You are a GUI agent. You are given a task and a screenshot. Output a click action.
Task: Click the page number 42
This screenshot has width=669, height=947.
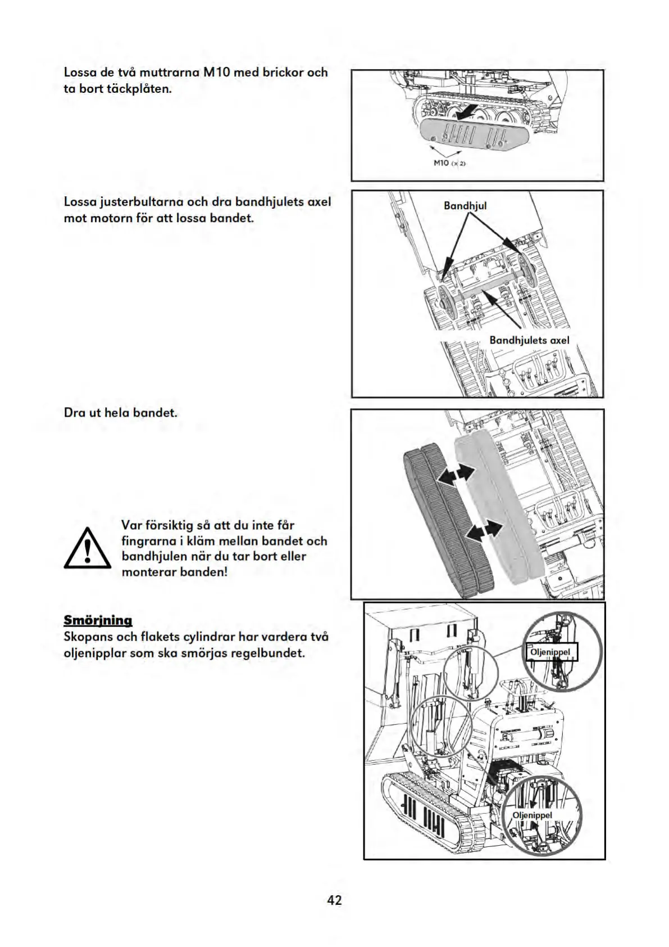(x=334, y=900)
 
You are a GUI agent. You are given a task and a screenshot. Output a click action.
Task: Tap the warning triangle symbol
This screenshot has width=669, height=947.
(x=87, y=548)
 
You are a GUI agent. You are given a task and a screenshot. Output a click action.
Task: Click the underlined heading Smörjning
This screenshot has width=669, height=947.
(x=98, y=620)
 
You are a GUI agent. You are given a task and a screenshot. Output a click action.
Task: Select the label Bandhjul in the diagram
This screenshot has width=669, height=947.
(x=465, y=206)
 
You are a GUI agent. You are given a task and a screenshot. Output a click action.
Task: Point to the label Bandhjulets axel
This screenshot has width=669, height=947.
(x=529, y=340)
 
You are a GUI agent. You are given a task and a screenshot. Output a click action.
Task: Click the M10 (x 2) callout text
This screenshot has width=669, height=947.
(x=450, y=163)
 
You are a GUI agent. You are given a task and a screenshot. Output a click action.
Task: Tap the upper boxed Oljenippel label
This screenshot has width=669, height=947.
(x=550, y=652)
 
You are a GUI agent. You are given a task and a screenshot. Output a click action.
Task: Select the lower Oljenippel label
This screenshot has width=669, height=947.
(x=532, y=815)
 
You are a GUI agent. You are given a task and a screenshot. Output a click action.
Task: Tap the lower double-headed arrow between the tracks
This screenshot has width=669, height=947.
(x=484, y=530)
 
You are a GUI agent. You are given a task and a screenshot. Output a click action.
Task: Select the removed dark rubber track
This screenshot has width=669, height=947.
(x=447, y=520)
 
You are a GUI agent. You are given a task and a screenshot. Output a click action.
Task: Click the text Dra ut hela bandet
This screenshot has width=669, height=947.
(x=121, y=412)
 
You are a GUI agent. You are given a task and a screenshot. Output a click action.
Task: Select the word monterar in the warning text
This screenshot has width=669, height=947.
(x=149, y=572)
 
